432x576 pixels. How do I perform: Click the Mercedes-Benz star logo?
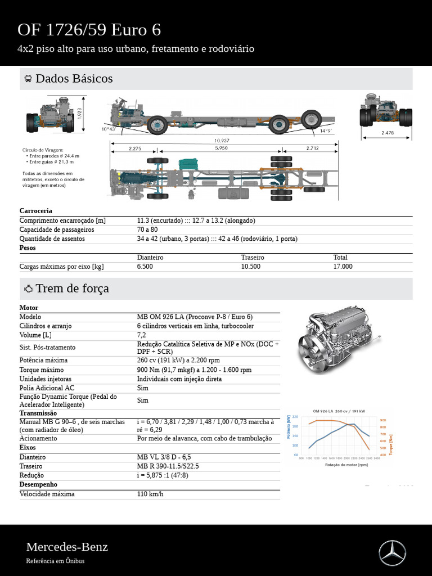pos(392,552)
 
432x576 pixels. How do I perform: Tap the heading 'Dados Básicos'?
pos(74,79)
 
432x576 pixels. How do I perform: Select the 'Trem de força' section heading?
pos(72,289)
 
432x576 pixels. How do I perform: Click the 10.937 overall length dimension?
pos(221,141)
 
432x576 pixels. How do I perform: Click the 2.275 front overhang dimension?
pos(135,148)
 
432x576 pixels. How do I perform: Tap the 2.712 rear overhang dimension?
pos(313,148)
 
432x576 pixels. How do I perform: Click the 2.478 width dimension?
pos(388,133)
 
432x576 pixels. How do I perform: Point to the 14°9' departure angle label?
pos(326,130)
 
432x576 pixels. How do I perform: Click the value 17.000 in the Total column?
pos(343,267)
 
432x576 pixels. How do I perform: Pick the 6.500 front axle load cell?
pos(145,267)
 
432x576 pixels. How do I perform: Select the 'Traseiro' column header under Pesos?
pos(253,257)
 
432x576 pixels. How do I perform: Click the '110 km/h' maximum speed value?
pos(150,494)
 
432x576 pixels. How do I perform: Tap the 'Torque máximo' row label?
pos(42,370)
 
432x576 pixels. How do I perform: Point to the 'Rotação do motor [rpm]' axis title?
pos(346,465)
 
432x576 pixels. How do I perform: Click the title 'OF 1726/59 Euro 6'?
pos(89,30)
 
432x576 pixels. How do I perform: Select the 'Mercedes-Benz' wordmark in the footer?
pos(67,547)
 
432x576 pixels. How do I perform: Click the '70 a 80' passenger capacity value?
pos(147,229)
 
